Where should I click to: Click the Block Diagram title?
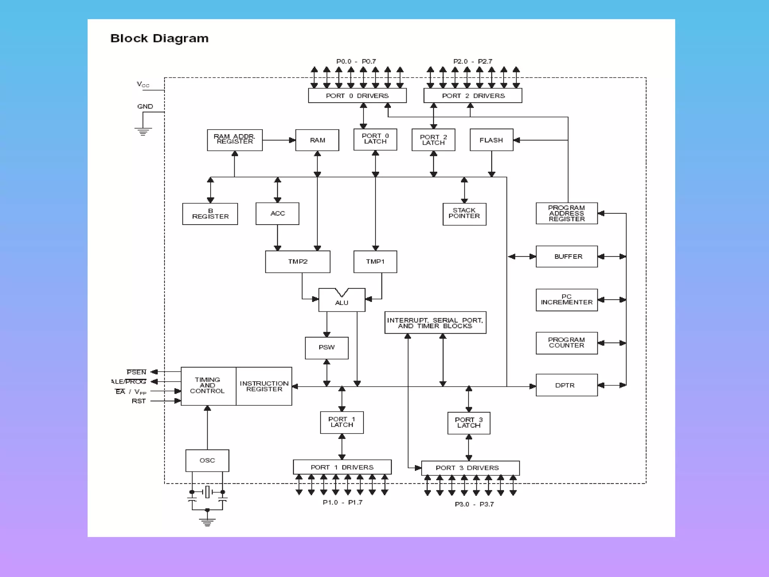[159, 38]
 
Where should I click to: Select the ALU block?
[342, 301]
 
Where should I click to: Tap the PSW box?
[327, 347]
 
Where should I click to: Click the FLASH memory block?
[491, 140]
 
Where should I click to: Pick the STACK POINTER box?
[464, 214]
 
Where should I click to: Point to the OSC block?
[207, 460]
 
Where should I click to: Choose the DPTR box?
[566, 385]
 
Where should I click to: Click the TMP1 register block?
[375, 261]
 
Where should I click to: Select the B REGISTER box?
[210, 214]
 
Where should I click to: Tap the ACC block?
[277, 213]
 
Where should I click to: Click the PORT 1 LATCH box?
[342, 422]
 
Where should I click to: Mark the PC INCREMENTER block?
[566, 300]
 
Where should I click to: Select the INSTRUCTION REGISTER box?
[264, 386]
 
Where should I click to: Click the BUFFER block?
[566, 257]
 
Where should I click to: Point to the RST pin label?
[139, 401]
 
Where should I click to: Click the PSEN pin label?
[136, 372]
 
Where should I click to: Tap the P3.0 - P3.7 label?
[474, 504]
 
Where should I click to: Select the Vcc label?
[143, 85]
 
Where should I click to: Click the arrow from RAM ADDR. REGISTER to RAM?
[279, 140]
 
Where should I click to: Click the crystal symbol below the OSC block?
[207, 492]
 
